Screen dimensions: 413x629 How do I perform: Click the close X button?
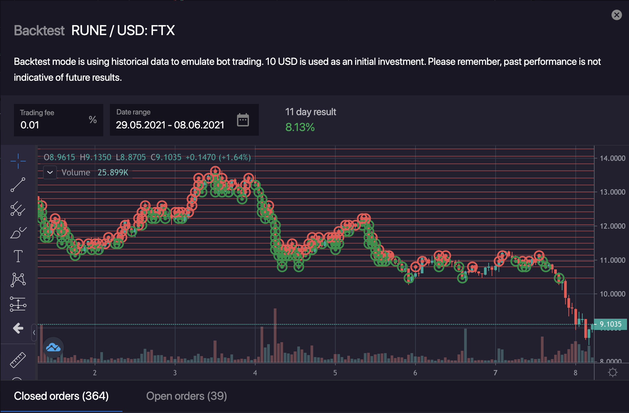[x=616, y=15]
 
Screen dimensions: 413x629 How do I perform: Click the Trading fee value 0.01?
[x=30, y=125]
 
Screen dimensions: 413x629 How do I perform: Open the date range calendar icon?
[x=243, y=120]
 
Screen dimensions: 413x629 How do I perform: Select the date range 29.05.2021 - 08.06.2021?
[x=170, y=125]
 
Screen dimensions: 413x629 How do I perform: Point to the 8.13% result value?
[x=300, y=127]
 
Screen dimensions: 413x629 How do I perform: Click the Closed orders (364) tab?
[x=61, y=396]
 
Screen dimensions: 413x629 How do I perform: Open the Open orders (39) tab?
[x=186, y=396]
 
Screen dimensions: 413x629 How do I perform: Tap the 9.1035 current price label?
[x=610, y=324]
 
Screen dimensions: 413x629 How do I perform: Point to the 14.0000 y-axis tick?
[x=612, y=158]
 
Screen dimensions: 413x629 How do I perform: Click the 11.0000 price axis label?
[x=612, y=260]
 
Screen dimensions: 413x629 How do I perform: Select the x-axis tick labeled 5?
[x=335, y=373]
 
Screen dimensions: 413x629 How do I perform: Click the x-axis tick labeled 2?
[x=95, y=373]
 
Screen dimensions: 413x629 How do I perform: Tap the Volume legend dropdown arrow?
[x=50, y=172]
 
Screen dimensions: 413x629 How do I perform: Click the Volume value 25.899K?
[x=113, y=172]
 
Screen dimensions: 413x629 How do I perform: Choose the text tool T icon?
[x=18, y=256]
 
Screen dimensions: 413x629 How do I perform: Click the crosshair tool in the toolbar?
[x=18, y=161]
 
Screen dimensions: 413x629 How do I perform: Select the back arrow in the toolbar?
[x=18, y=328]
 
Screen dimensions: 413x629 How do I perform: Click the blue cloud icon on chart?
[x=53, y=347]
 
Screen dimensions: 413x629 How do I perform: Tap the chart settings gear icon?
[x=612, y=373]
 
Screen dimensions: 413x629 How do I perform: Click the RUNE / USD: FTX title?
[x=123, y=31]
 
